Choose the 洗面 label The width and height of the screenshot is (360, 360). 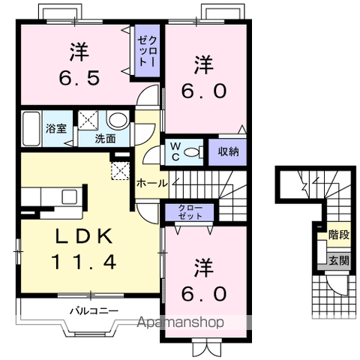click(104, 138)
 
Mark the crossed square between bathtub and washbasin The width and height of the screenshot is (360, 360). click(90, 119)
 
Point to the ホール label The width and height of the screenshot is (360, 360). click(152, 182)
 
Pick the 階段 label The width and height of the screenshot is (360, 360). click(337, 235)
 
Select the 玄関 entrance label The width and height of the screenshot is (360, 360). click(337, 260)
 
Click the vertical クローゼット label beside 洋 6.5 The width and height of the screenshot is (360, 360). click(145, 49)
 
